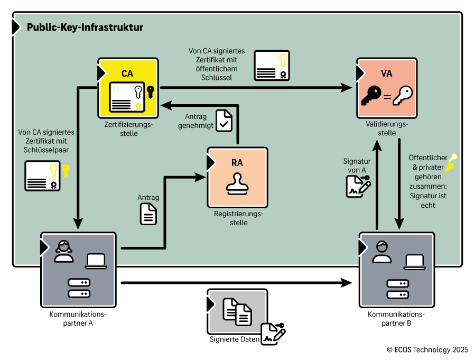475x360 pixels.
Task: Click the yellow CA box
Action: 128,87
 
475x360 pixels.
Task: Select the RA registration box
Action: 237,177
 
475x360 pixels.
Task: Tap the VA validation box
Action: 387,87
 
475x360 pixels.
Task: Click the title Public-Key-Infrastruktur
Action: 85,27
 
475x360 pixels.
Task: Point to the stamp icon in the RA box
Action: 237,184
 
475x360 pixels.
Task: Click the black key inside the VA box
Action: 371,96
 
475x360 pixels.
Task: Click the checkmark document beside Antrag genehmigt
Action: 225,119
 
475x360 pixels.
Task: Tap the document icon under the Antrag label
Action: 148,214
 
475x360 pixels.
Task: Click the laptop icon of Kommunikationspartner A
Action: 96,261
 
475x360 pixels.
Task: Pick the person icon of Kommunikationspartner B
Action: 381,252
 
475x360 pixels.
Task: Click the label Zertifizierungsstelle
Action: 128,130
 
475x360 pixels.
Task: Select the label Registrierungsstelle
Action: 238,218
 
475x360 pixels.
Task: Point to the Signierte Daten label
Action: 235,339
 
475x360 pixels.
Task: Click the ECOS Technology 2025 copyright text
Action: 427,349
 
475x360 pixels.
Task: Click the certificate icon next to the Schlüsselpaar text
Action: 42,176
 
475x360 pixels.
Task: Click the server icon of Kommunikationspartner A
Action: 79,288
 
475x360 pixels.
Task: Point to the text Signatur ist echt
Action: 428,200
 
